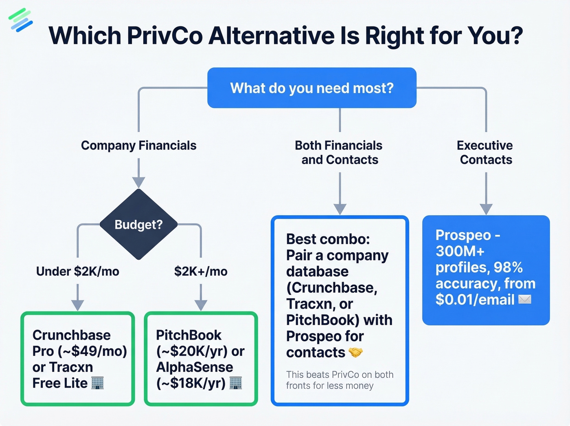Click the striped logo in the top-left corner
20,20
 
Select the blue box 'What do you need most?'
312,88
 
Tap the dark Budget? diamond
138,225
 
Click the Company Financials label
138,146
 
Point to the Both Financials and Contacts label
339,152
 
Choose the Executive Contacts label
485,152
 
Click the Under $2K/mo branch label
77,271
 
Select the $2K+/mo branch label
201,271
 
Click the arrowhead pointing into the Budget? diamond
138,182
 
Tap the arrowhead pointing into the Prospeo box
486,209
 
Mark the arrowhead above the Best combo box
340,209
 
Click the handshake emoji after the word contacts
355,352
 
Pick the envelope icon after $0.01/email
525,300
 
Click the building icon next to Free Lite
98,383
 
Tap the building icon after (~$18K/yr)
236,383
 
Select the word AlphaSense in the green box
195,367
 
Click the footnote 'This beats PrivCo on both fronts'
340,380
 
